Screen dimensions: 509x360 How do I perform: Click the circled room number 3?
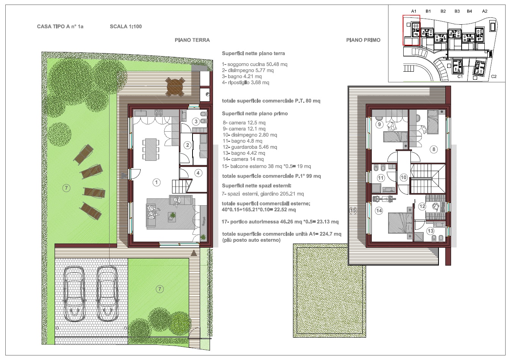(x=196, y=121)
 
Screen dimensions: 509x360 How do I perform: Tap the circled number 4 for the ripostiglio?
(x=198, y=173)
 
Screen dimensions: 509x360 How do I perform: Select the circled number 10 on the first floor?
(x=403, y=178)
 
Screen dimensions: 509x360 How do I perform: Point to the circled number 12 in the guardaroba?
(x=422, y=206)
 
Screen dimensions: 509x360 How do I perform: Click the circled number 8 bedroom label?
(x=434, y=149)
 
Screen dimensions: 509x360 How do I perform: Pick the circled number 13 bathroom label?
(x=431, y=231)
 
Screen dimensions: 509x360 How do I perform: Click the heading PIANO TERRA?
(x=192, y=40)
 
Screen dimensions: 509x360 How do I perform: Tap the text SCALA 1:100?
(x=126, y=27)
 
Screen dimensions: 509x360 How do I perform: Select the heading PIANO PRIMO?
(x=363, y=40)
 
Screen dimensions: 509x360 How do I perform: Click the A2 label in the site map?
(x=485, y=11)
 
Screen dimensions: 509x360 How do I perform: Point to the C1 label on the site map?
(x=460, y=77)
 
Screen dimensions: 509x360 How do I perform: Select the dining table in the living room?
(x=151, y=149)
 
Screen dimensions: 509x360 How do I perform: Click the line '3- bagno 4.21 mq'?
(x=242, y=76)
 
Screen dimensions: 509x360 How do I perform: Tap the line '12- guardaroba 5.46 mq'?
(x=250, y=147)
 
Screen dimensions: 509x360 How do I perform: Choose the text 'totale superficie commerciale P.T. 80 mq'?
(x=271, y=101)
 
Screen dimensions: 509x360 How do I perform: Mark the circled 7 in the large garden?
(x=66, y=188)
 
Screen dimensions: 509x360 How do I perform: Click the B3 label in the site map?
(x=457, y=11)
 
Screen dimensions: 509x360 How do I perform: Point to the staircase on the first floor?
(x=428, y=179)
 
